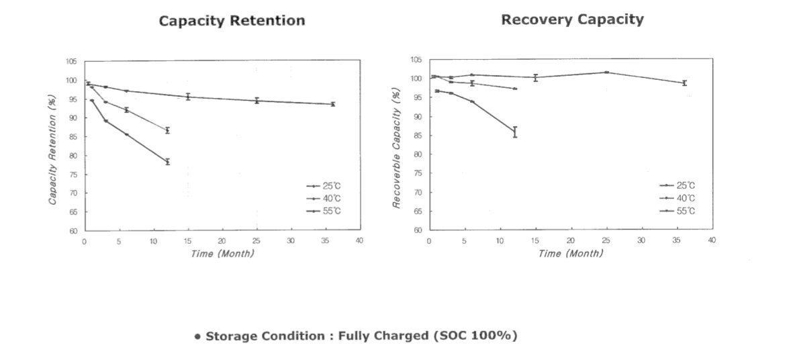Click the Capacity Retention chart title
(232, 21)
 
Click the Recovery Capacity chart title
(572, 19)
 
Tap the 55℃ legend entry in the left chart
(328, 211)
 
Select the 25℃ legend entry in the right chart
(681, 185)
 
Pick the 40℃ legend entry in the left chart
(328, 198)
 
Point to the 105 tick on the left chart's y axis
(71, 62)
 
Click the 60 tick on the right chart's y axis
(416, 230)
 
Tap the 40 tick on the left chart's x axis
(359, 240)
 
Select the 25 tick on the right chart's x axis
(606, 240)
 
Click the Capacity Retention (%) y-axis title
(52, 149)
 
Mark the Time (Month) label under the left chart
(222, 253)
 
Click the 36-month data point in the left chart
(332, 104)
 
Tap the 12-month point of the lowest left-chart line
(167, 162)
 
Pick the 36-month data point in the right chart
(684, 83)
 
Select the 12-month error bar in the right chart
(514, 132)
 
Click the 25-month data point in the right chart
(606, 72)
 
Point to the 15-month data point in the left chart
(188, 97)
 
